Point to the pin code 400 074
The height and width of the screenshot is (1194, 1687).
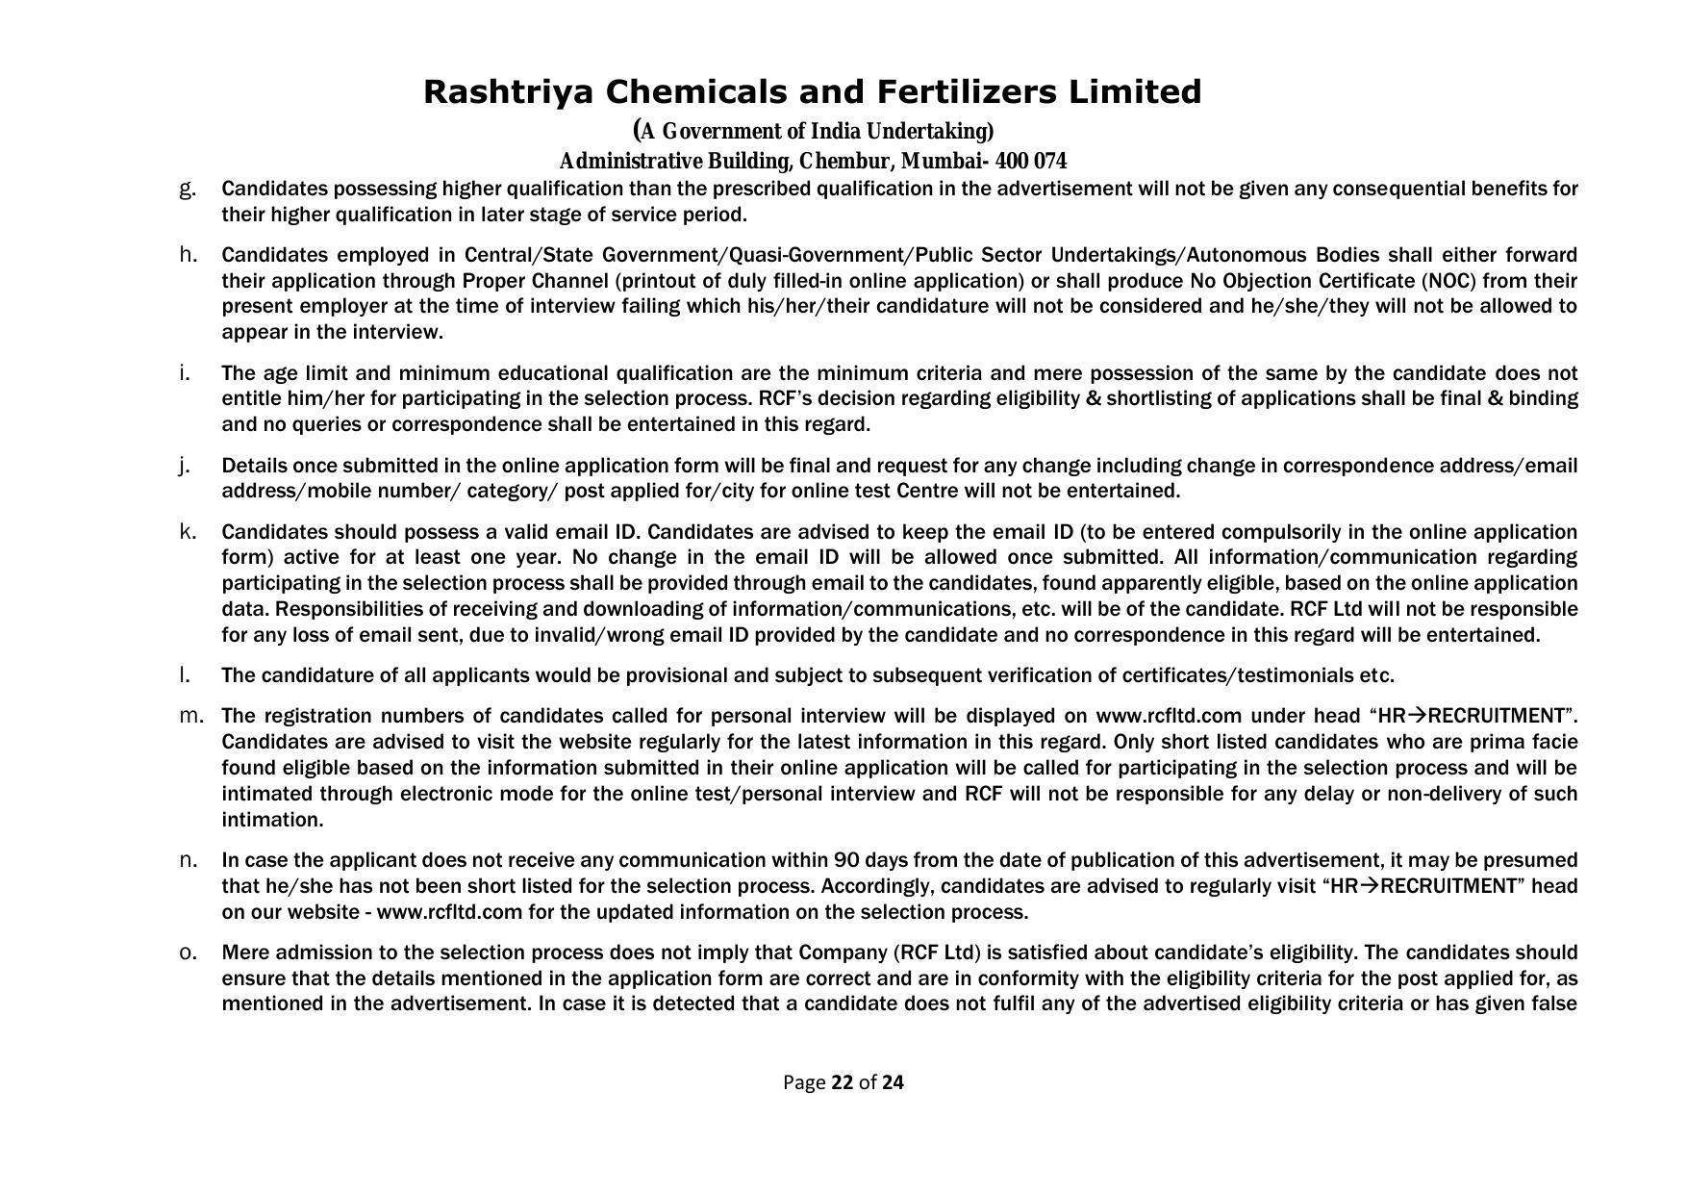tap(1031, 161)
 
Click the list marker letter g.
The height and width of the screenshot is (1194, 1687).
tap(188, 189)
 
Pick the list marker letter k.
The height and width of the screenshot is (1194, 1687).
tap(188, 531)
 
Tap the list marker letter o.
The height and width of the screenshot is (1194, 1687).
tap(188, 953)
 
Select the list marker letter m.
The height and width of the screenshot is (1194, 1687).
tap(191, 716)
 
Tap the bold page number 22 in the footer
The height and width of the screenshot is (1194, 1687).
tap(842, 1082)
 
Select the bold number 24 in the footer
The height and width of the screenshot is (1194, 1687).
tap(893, 1082)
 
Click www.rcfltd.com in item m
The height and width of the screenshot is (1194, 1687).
tap(1169, 716)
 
